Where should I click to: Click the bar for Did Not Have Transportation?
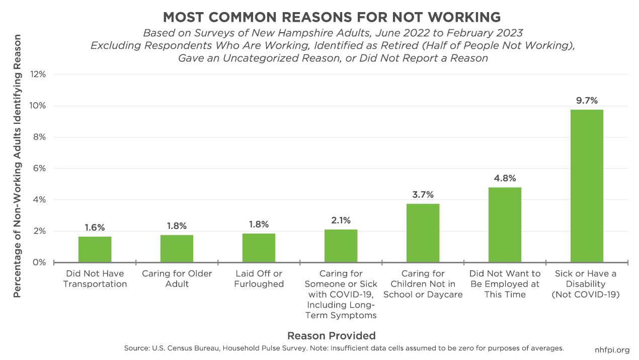95,249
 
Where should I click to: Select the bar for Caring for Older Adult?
177,248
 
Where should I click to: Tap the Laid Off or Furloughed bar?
259,248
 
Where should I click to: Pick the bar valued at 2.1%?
341,246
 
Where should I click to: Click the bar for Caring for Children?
423,233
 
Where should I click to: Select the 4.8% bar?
505,225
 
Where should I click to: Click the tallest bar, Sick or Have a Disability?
587,186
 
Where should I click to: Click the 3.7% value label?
423,194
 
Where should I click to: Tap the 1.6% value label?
95,227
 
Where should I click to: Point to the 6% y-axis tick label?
39,169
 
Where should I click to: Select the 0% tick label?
39,262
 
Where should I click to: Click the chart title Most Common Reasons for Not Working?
332,17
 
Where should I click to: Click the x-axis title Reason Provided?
331,335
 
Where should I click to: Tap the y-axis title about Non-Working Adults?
18,166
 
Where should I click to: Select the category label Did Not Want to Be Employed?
505,284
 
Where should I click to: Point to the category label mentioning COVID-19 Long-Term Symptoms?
341,295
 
